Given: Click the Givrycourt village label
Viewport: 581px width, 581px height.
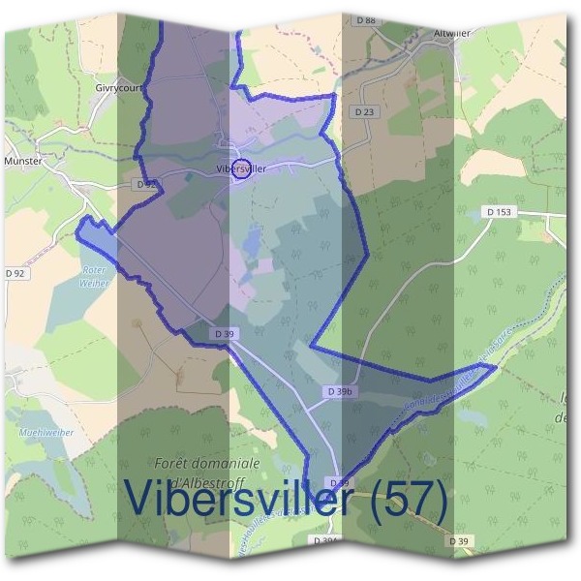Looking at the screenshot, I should (x=118, y=86).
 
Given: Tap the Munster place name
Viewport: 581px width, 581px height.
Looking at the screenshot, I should (x=24, y=162).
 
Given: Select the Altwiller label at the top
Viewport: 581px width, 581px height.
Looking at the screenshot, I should (x=452, y=32).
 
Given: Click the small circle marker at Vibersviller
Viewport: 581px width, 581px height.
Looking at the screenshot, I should (x=242, y=168).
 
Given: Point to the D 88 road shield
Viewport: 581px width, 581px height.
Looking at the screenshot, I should (x=365, y=19).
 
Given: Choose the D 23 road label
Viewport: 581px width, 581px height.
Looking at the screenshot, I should (x=364, y=112).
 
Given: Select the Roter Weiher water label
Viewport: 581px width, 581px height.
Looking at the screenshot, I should (x=95, y=276).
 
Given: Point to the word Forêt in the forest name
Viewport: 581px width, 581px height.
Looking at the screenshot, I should (x=177, y=462).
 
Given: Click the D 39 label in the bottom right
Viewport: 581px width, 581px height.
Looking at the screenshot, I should (x=461, y=540).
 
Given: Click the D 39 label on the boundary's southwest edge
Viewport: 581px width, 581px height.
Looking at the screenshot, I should (x=224, y=334).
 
